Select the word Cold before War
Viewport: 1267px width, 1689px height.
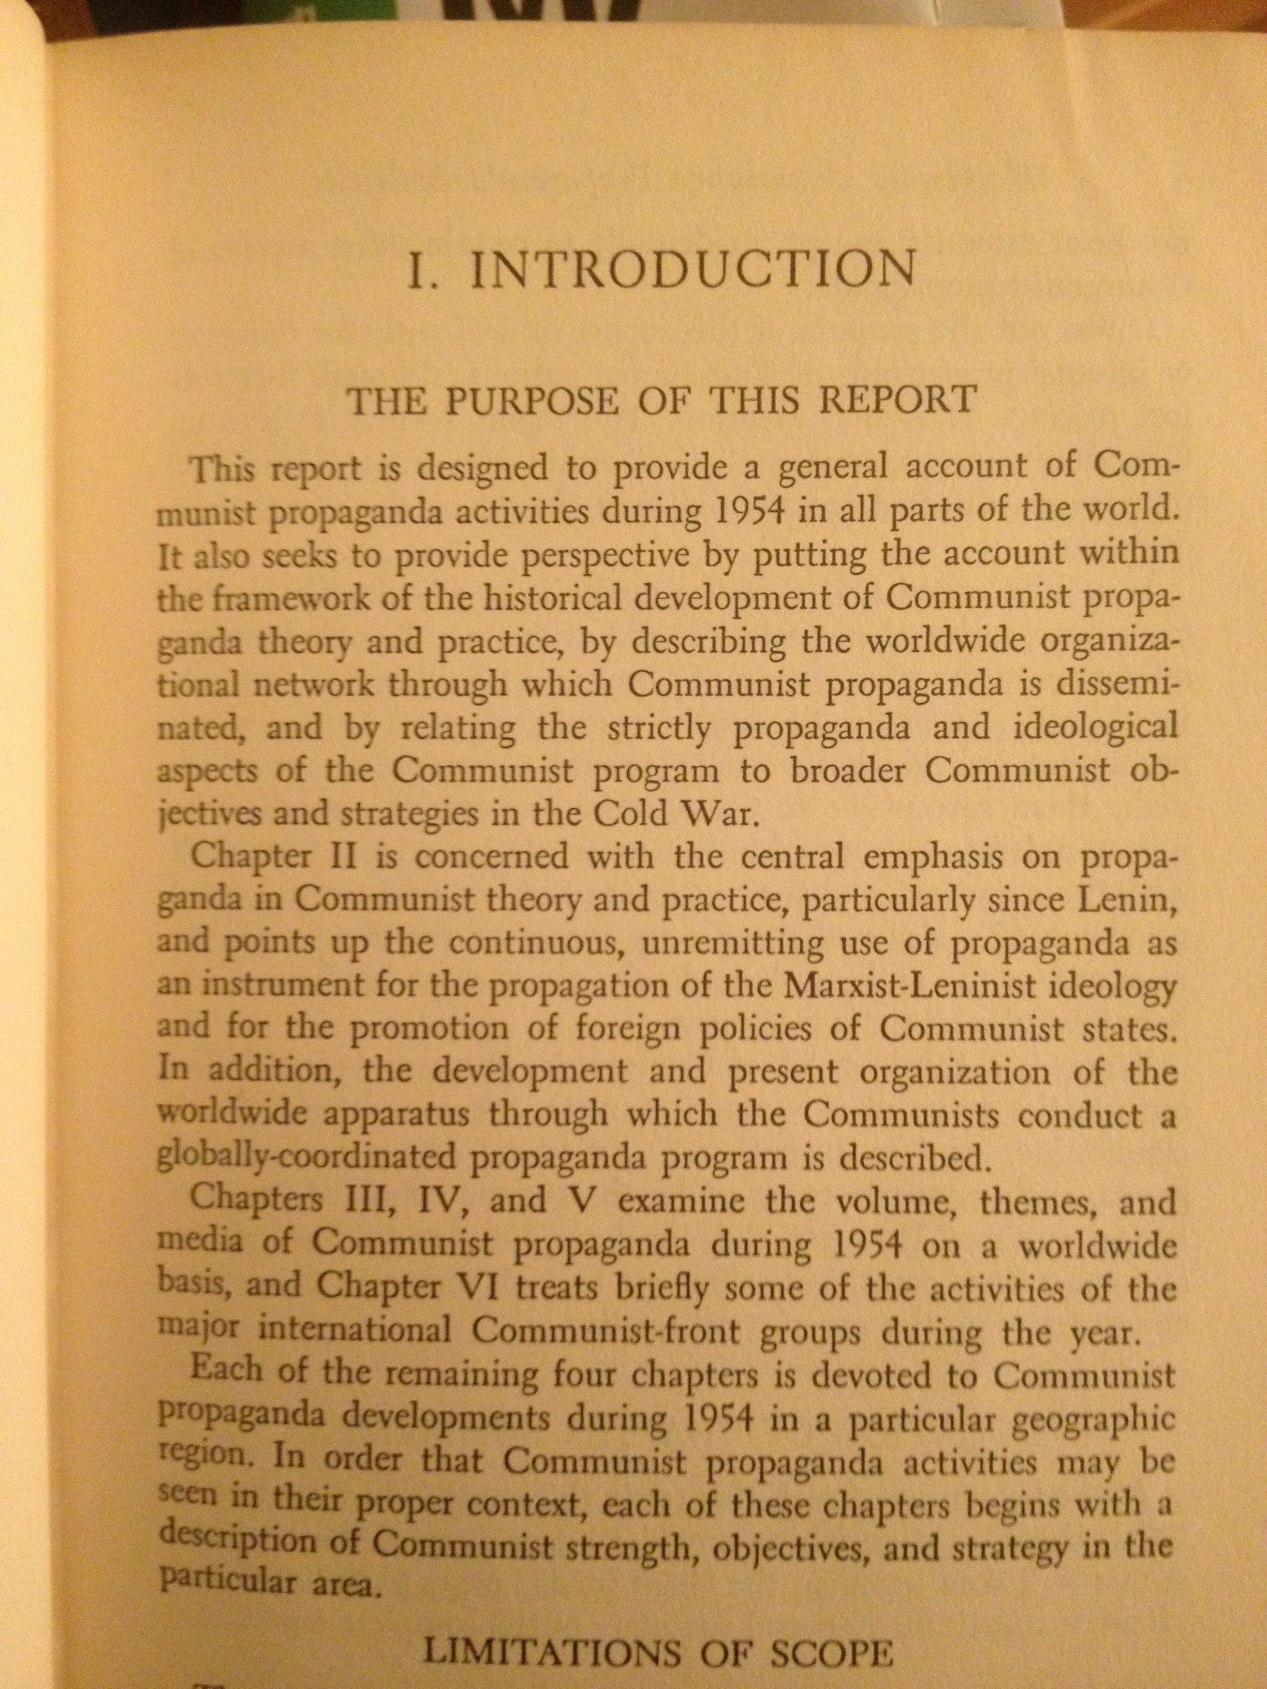[x=631, y=814]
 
